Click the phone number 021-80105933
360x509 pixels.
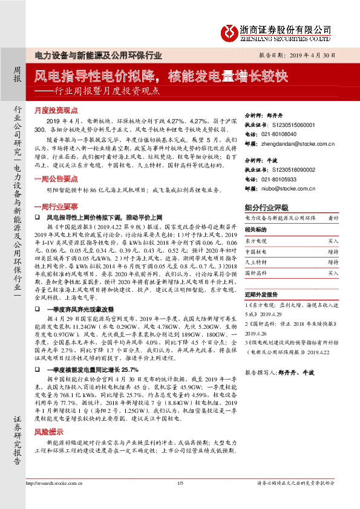[283, 180]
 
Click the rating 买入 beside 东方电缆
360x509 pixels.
[333, 241]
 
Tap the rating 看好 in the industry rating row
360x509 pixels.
[333, 217]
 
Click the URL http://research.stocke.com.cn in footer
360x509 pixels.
[53, 499]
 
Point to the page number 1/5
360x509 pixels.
[180, 499]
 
